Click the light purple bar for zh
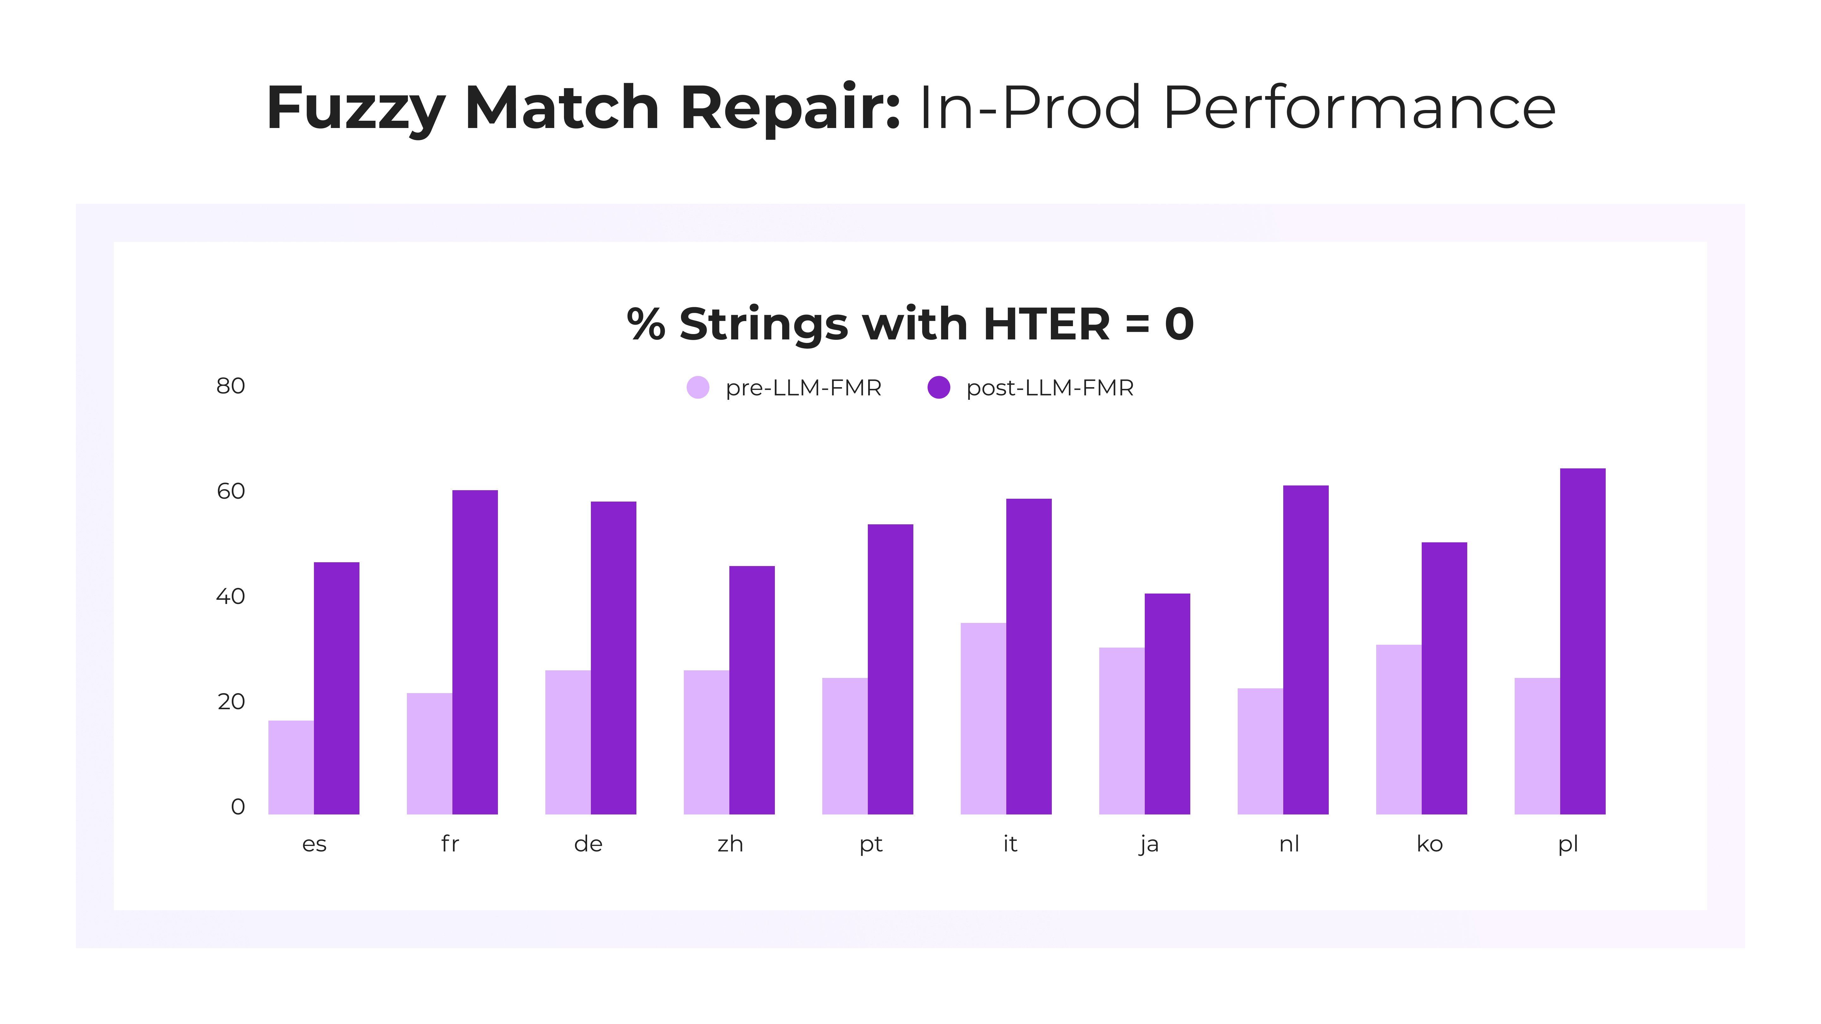tap(706, 742)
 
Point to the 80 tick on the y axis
tap(230, 386)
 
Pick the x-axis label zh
tap(730, 844)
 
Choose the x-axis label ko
tap(1429, 844)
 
